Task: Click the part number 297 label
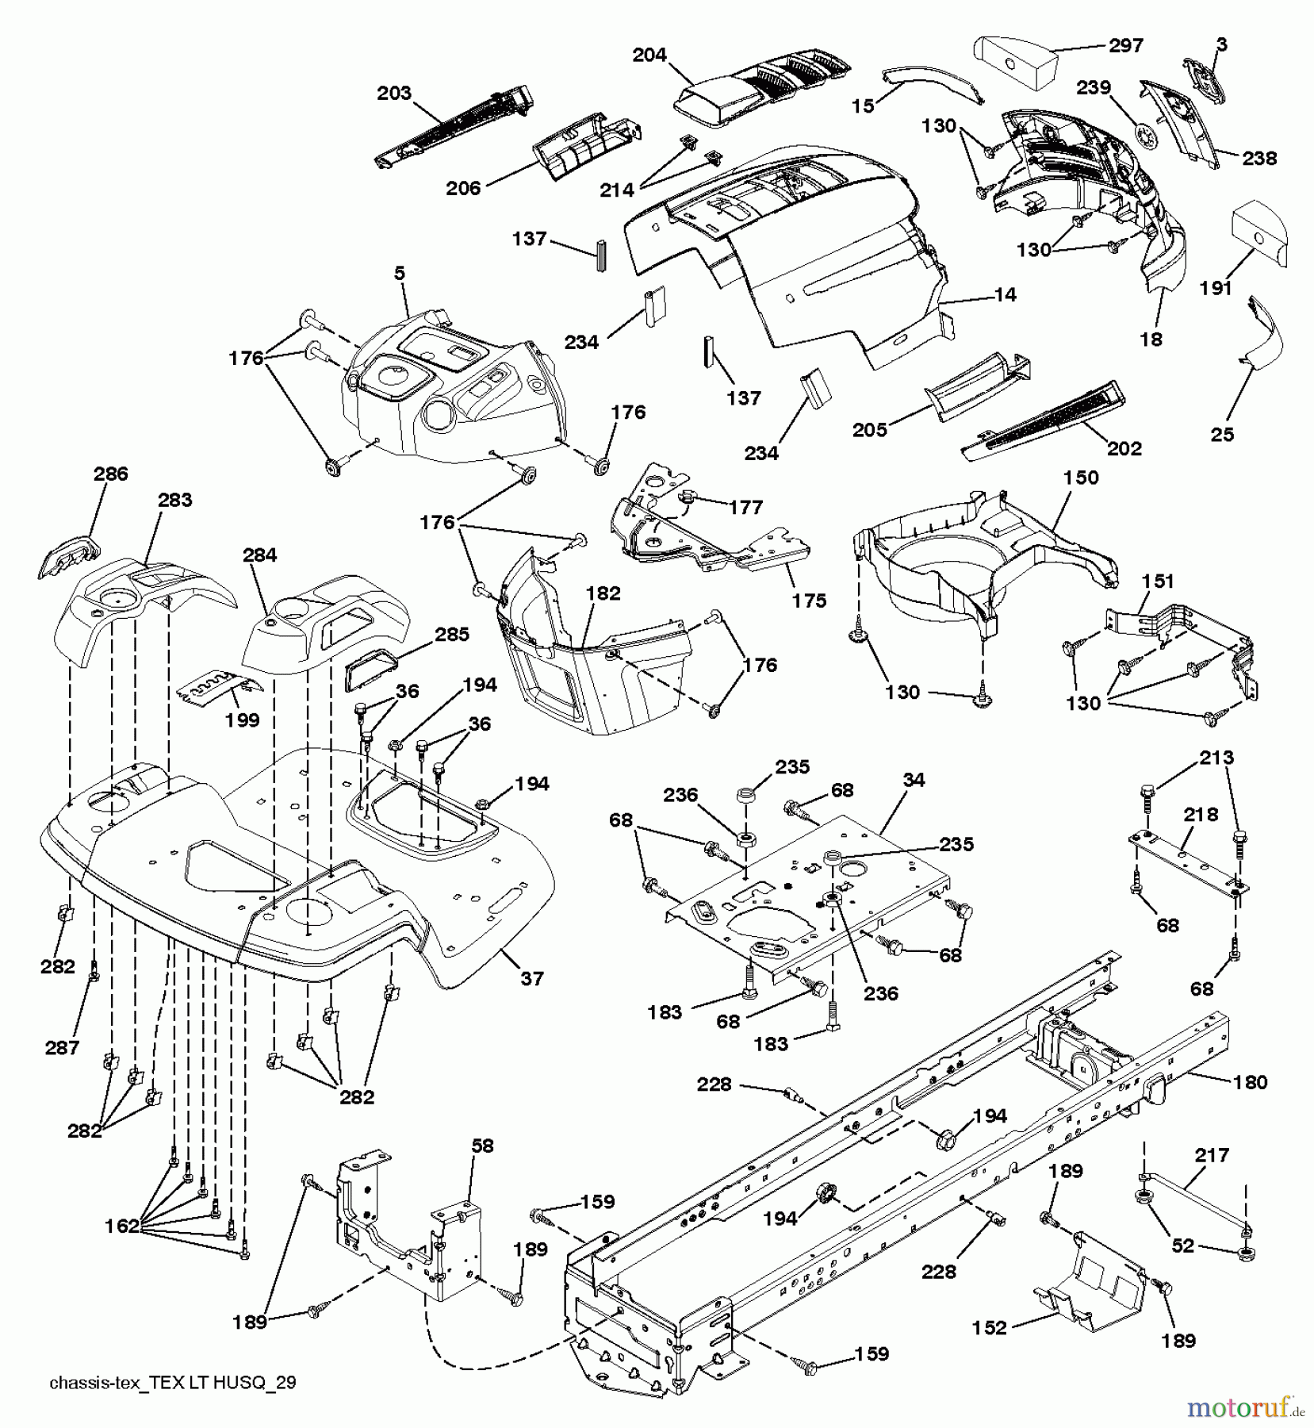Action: (x=1125, y=44)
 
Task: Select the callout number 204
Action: (x=649, y=55)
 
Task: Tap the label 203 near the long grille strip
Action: (x=394, y=93)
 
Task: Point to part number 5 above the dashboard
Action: (x=399, y=273)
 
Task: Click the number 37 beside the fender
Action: (x=532, y=978)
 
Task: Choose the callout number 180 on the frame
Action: (x=1251, y=1082)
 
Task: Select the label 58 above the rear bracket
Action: (x=482, y=1146)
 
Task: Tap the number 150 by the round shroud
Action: (x=1082, y=477)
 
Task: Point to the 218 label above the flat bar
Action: (x=1201, y=815)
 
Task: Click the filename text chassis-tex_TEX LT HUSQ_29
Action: (x=173, y=1384)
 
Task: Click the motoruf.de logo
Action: (x=1246, y=1408)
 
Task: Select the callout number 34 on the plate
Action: (x=914, y=780)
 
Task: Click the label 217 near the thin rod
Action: (x=1212, y=1155)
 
